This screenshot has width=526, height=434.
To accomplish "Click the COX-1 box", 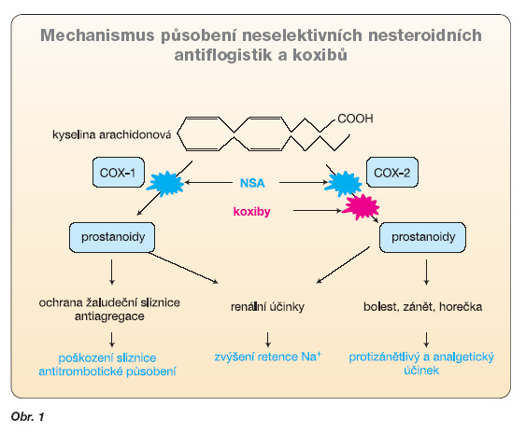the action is coord(119,173).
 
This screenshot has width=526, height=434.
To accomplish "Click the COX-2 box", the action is coord(392,173).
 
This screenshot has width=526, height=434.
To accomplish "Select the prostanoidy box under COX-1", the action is coord(112,237).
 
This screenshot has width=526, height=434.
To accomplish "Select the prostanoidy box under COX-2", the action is coord(422,237).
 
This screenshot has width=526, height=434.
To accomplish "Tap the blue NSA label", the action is coord(252,183).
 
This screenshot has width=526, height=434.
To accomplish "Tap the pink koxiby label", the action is coord(252,212).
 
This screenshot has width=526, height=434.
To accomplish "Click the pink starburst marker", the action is coord(361,207).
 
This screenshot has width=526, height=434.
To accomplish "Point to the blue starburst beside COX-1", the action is coord(165,183).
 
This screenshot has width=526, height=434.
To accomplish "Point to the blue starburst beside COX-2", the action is coord(343,183).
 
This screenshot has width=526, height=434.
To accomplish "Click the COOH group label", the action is coord(355,119).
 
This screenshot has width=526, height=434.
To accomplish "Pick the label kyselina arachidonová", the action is coord(112,134).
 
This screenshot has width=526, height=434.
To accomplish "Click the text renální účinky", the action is coord(267,306).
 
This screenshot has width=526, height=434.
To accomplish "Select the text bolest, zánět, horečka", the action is coord(422,306).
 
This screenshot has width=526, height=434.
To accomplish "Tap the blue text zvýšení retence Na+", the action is coord(268,357).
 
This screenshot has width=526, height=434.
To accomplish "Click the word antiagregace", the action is coord(109,316).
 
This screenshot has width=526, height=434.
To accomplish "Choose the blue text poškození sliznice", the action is coord(107,357).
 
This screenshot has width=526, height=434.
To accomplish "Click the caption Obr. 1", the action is coord(27,416).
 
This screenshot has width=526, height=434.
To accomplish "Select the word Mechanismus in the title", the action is coord(97,35).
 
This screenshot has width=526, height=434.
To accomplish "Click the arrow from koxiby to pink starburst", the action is coord(318,210).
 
